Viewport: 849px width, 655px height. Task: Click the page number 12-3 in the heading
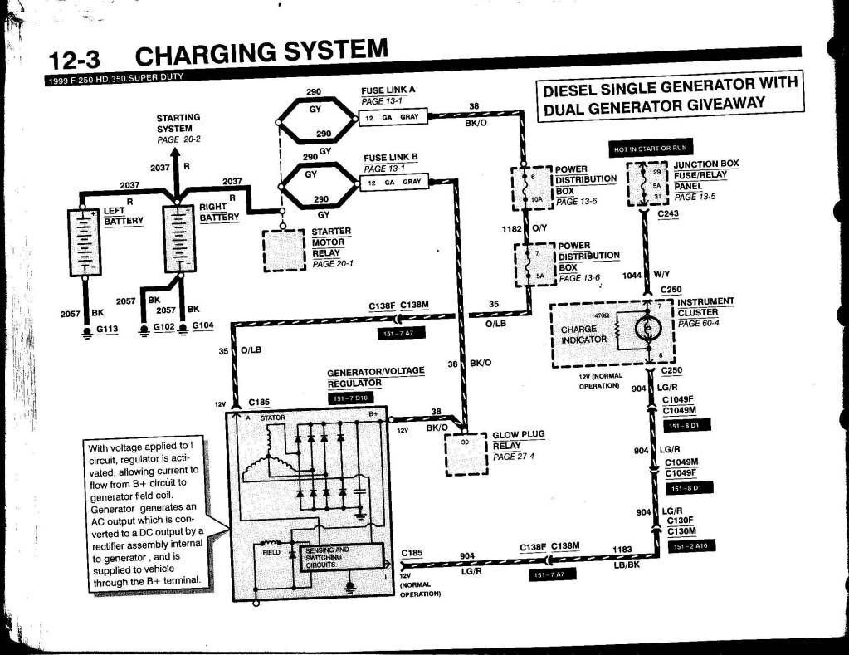[77, 61]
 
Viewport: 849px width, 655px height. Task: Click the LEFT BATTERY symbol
[84, 242]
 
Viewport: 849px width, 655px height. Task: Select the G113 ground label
[108, 330]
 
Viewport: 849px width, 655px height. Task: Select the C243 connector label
[667, 215]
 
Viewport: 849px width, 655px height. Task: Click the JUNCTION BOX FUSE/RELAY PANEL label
[705, 175]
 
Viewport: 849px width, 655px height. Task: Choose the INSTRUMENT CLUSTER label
[705, 306]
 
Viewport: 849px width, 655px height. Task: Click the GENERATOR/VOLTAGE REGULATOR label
[375, 376]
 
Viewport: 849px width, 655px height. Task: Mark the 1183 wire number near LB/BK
[622, 549]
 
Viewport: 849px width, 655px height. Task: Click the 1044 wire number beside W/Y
[632, 275]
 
